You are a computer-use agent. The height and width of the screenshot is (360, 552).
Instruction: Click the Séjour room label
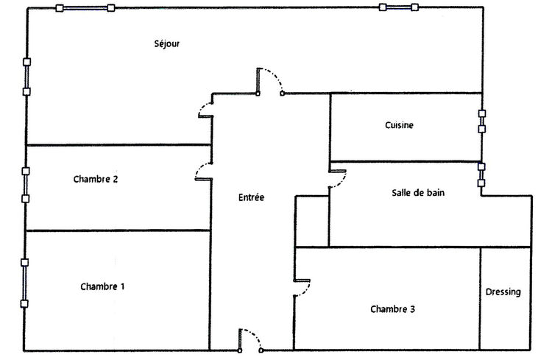167,43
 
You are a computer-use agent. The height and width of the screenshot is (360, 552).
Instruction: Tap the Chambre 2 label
96,179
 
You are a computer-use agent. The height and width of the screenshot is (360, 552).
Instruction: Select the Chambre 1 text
102,286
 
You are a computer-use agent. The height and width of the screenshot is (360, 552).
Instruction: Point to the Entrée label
251,197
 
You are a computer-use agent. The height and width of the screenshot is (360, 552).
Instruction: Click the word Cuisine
399,125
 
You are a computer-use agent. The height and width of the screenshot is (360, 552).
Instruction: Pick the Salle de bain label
418,193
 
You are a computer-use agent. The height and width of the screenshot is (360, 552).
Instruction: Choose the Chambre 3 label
392,309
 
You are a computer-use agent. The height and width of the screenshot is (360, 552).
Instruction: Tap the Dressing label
503,292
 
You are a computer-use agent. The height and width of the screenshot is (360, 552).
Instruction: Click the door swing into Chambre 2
203,172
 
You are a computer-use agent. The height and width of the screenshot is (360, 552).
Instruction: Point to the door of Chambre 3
302,288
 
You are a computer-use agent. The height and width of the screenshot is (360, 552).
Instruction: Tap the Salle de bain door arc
338,180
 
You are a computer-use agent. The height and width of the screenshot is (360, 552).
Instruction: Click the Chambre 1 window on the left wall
24,283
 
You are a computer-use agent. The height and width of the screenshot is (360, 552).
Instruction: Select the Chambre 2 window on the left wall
25,185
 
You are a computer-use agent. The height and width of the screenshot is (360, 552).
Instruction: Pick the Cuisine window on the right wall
482,121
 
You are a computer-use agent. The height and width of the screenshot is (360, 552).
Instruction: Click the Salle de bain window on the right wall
481,174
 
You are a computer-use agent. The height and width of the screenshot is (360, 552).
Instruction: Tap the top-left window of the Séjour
85,8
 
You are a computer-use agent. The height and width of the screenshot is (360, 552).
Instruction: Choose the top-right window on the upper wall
398,7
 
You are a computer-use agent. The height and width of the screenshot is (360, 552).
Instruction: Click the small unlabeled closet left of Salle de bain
312,221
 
